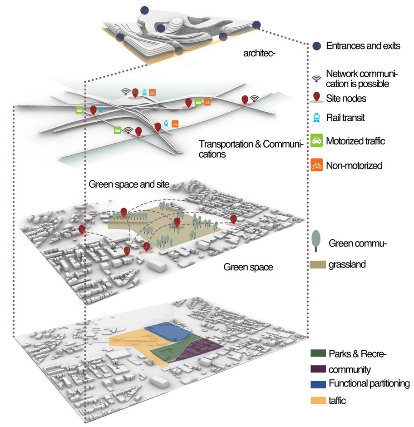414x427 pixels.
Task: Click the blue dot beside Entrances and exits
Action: [x=317, y=46]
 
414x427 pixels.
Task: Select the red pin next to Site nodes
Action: [x=317, y=98]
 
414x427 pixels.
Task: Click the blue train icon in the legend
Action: [x=317, y=118]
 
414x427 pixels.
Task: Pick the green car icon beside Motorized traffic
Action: [x=317, y=141]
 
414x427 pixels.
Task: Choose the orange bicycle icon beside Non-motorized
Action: [x=317, y=165]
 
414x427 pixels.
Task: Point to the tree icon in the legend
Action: [x=316, y=240]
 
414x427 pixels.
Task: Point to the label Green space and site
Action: [x=129, y=184]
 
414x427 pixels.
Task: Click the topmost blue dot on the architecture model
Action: [x=144, y=10]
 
